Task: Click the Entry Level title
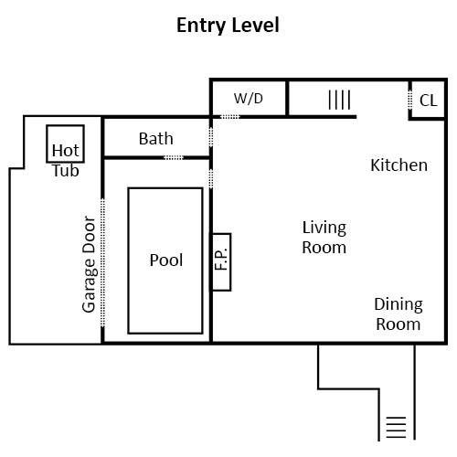pyautogui.click(x=228, y=26)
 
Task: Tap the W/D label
pyautogui.click(x=249, y=99)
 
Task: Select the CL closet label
pyautogui.click(x=429, y=101)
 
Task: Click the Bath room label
pyautogui.click(x=156, y=139)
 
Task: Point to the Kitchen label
pyautogui.click(x=399, y=165)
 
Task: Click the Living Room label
pyautogui.click(x=324, y=238)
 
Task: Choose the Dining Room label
pyautogui.click(x=399, y=314)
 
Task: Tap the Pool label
pyautogui.click(x=166, y=260)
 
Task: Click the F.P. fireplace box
pyautogui.click(x=221, y=262)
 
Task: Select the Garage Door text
pyautogui.click(x=90, y=264)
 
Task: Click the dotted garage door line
pyautogui.click(x=102, y=262)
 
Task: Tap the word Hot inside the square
pyautogui.click(x=66, y=150)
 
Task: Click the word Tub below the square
pyautogui.click(x=66, y=171)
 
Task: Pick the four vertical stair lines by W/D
pyautogui.click(x=340, y=100)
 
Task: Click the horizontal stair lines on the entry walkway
pyautogui.click(x=396, y=427)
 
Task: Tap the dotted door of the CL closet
pyautogui.click(x=410, y=100)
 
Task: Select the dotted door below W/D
pyautogui.click(x=230, y=117)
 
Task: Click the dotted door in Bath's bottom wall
pyautogui.click(x=174, y=157)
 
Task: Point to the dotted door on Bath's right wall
pyautogui.click(x=211, y=137)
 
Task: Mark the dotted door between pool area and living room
pyautogui.click(x=211, y=178)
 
